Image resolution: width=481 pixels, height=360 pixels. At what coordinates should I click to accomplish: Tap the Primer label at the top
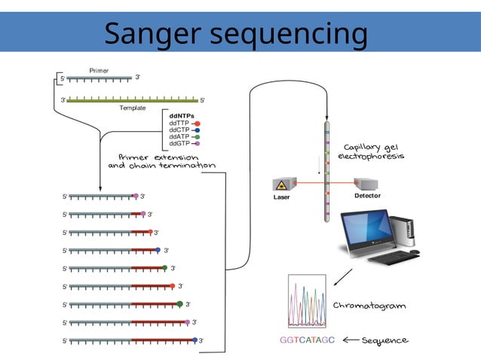(x=99, y=70)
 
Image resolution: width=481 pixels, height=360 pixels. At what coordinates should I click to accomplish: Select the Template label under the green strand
(x=132, y=108)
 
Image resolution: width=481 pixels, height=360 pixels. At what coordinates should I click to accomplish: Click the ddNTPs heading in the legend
(x=182, y=115)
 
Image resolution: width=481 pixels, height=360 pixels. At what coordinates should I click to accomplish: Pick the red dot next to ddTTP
(x=197, y=123)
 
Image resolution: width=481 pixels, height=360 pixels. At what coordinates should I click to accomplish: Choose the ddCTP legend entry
(x=181, y=130)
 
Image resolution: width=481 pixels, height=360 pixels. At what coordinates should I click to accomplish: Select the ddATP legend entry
(x=181, y=136)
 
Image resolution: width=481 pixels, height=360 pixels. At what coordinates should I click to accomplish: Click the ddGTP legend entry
(x=181, y=143)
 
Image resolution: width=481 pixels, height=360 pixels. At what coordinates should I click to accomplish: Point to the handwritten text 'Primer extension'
(x=152, y=157)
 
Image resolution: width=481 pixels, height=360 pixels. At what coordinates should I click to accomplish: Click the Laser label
(x=281, y=198)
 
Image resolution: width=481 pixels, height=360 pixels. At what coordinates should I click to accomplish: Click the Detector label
(x=367, y=196)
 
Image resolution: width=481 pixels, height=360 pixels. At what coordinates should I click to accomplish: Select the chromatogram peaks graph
(x=307, y=301)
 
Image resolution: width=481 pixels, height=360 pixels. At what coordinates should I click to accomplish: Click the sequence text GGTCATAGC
(x=307, y=340)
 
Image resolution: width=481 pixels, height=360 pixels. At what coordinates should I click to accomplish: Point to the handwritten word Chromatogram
(x=369, y=306)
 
